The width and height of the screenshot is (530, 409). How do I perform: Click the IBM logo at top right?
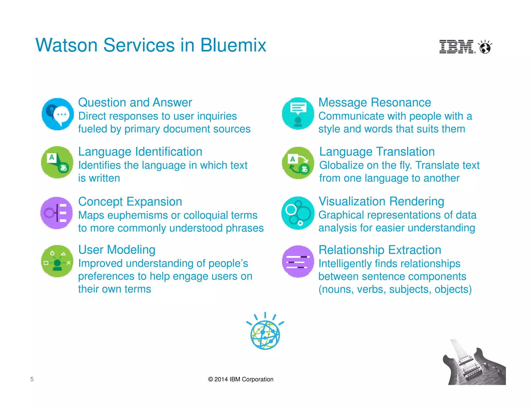(457, 47)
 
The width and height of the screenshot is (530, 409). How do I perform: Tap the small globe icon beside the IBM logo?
(485, 47)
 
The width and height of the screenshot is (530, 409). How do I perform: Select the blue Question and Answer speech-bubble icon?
(57, 114)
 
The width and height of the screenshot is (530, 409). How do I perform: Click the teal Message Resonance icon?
(298, 113)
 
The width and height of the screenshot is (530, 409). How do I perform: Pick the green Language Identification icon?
(57, 162)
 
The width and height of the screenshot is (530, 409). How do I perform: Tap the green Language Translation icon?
(298, 163)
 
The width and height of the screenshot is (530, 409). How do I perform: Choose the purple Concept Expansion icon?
(57, 213)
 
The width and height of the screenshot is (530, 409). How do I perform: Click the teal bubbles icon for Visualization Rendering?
(298, 213)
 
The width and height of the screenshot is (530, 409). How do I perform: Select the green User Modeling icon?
(57, 261)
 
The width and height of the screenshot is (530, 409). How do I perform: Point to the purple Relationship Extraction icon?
(298, 261)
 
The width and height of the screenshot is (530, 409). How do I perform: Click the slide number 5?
(32, 379)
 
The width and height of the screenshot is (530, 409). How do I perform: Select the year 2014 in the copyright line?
(221, 379)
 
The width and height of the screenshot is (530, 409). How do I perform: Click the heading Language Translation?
(377, 152)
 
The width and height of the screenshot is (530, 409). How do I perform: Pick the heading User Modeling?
(117, 250)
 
